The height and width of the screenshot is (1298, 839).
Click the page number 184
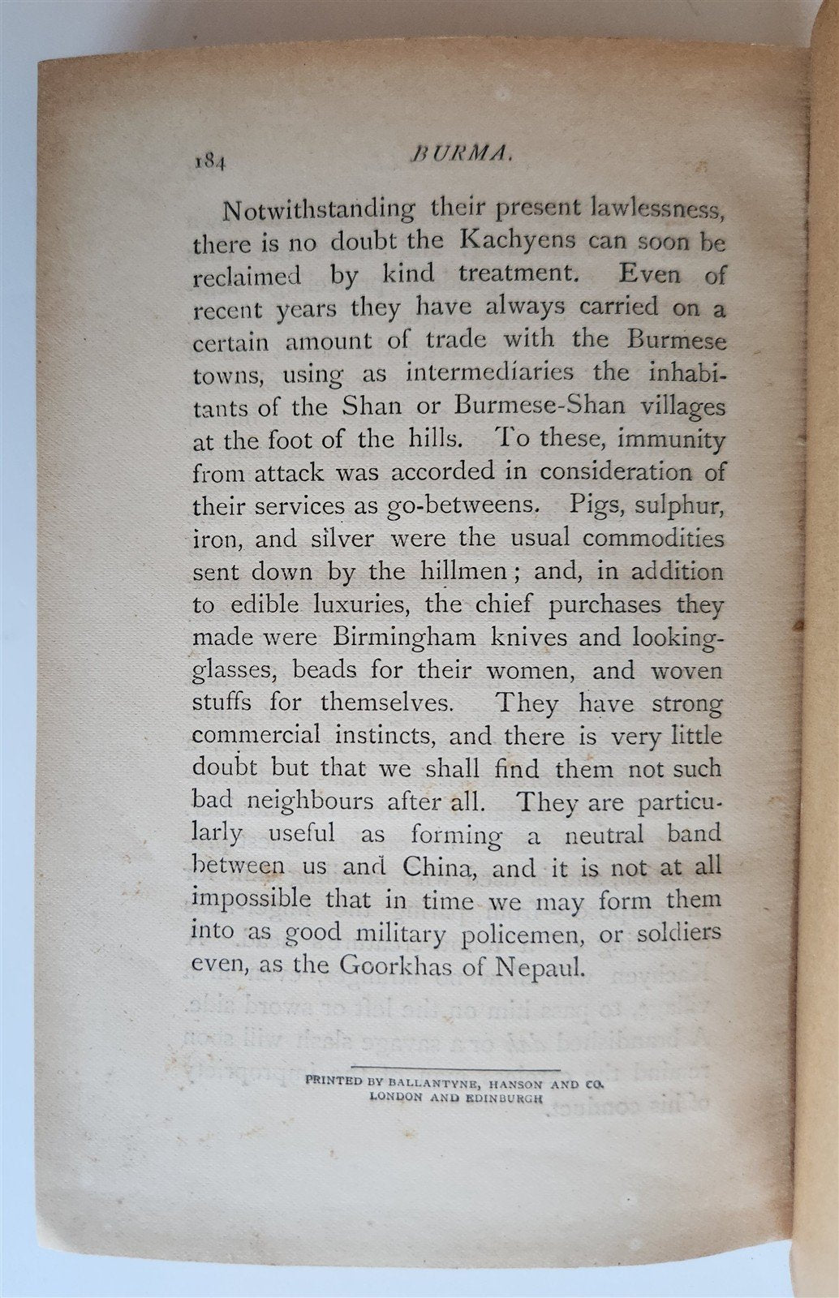[x=209, y=160]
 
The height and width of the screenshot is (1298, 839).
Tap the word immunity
[x=671, y=440]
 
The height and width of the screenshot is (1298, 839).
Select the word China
[x=437, y=868]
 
